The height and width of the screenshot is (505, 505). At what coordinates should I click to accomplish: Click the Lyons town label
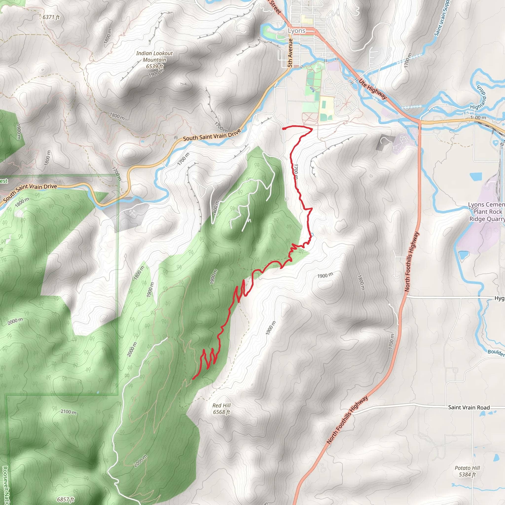pyautogui.click(x=296, y=31)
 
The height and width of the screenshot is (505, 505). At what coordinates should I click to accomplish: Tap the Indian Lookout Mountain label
pyautogui.click(x=154, y=57)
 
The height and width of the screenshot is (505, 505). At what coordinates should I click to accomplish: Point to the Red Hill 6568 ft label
pyautogui.click(x=221, y=409)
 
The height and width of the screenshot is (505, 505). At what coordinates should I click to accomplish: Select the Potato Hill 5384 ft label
pyautogui.click(x=467, y=471)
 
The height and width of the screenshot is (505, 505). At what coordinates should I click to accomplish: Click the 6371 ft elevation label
pyautogui.click(x=51, y=17)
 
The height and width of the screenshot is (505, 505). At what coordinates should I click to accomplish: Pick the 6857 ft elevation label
pyautogui.click(x=66, y=499)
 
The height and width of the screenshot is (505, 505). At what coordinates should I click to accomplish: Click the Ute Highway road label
pyautogui.click(x=373, y=89)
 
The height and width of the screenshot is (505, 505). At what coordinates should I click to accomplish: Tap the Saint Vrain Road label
pyautogui.click(x=469, y=407)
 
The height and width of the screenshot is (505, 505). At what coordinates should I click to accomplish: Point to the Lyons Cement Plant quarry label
pyautogui.click(x=486, y=212)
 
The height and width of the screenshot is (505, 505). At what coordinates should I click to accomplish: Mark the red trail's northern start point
pyautogui.click(x=284, y=129)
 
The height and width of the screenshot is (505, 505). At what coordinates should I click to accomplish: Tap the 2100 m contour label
pyautogui.click(x=69, y=412)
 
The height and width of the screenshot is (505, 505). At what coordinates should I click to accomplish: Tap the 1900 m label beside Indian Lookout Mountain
pyautogui.click(x=156, y=73)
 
